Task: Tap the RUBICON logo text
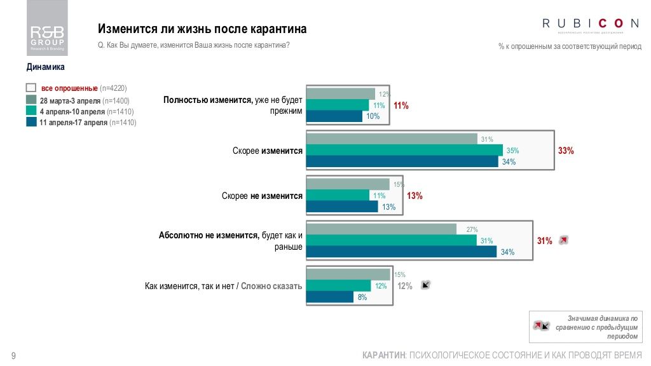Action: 591,24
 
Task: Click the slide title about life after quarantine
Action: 202,29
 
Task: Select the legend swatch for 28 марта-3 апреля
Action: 31,100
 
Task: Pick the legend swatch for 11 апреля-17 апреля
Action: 31,123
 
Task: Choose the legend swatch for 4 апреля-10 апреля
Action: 31,111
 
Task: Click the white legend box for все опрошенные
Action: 31,88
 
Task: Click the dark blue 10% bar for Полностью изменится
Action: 334,116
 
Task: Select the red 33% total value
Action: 566,151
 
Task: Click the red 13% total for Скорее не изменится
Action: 415,196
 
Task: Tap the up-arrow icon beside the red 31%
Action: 563,240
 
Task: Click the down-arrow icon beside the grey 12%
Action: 426,285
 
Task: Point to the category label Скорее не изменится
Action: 262,196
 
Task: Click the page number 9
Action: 13,355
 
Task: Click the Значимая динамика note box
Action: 586,327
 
